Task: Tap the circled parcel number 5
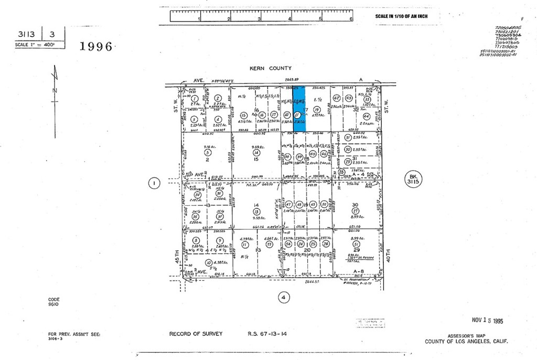pos(208,152)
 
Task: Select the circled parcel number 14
pos(256,152)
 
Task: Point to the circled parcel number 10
pos(209,262)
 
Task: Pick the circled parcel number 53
pos(269,244)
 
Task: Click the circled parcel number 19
pos(316,109)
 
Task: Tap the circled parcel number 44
pos(366,116)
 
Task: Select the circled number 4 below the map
pos(283,297)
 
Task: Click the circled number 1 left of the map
pos(154,183)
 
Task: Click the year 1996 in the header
pos(96,46)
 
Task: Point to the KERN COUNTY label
pos(271,68)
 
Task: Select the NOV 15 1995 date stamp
pos(487,320)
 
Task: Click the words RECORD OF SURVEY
pos(196,334)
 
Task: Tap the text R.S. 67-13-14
pos(267,334)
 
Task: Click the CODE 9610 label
pos(54,302)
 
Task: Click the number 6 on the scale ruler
pos(350,18)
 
